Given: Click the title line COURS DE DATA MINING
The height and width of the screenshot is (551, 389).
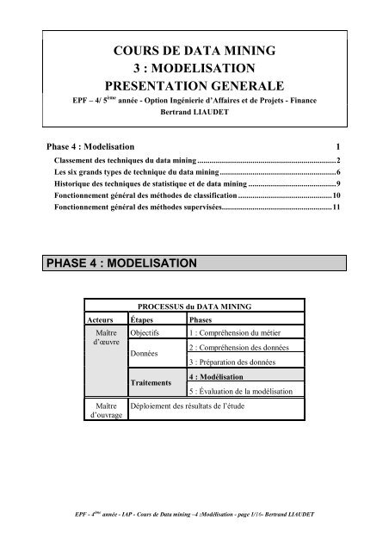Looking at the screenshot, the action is [194, 50].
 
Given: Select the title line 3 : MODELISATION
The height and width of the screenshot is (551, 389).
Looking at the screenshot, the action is [194, 68].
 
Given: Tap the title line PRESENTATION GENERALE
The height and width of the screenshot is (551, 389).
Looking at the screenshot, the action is [194, 87].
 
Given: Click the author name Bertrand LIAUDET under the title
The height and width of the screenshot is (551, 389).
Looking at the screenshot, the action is [194, 112].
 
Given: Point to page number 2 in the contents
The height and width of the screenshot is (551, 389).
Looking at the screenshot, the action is [340, 161].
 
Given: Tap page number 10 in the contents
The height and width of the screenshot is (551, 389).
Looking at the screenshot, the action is [337, 196].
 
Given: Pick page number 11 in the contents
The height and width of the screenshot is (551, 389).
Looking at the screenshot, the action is [337, 207].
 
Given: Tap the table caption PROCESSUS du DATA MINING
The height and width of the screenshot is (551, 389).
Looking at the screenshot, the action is [194, 306].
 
